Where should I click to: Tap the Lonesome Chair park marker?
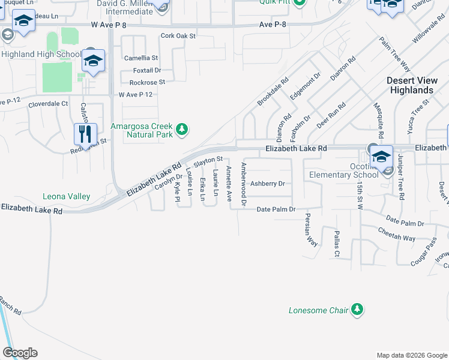click(x=357, y=310)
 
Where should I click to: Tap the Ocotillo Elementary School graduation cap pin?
click(x=381, y=157)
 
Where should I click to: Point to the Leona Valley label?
click(x=66, y=196)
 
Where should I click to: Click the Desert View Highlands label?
click(x=411, y=85)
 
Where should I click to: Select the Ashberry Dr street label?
click(x=267, y=184)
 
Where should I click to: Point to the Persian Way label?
click(x=311, y=230)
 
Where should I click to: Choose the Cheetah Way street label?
click(x=396, y=234)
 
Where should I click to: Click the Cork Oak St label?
click(x=178, y=36)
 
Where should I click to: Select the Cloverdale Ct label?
click(x=48, y=104)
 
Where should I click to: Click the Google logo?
click(x=20, y=353)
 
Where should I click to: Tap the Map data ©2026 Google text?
click(x=411, y=355)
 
